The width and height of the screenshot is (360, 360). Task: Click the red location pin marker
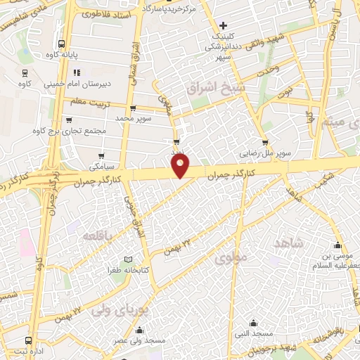click(181, 165)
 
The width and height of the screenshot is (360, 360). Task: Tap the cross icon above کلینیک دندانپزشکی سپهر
click(224, 25)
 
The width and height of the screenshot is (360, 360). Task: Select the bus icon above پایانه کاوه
click(62, 42)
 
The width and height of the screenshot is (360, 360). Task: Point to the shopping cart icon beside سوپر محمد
click(132, 108)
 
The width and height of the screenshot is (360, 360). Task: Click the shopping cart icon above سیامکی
click(102, 155)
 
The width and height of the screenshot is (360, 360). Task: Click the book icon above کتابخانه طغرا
click(127, 259)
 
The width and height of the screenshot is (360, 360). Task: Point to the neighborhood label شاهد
click(289, 243)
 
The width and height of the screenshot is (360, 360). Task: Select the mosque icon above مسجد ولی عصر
click(140, 330)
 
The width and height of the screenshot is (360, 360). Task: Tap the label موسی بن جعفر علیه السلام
click(335, 262)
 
